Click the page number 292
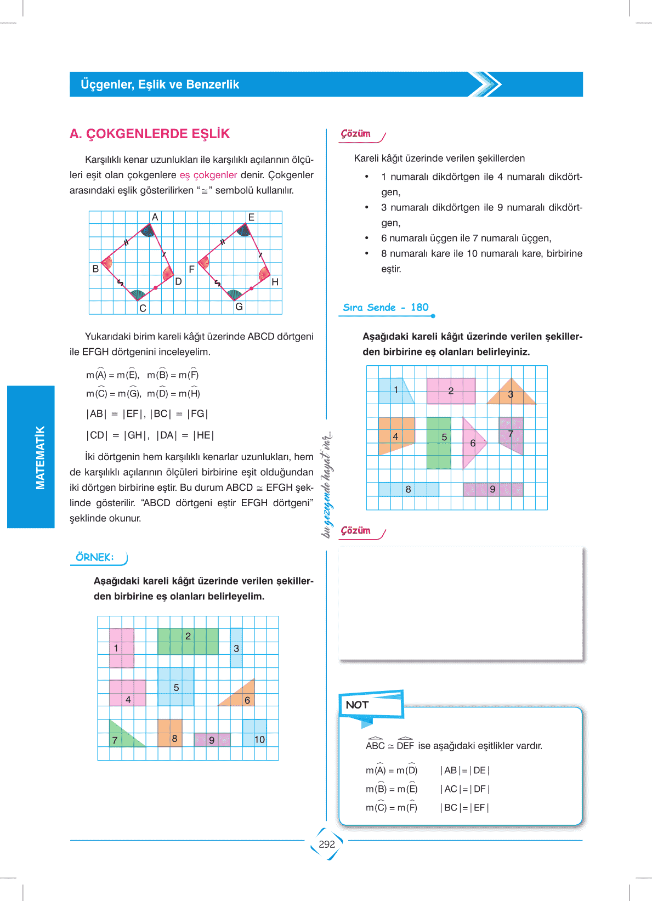[327, 844]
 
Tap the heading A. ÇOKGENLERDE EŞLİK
[150, 134]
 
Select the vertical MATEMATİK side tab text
[40, 457]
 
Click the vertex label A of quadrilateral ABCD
[155, 217]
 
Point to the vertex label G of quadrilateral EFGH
[239, 307]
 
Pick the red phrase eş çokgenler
[208, 175]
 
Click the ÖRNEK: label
[95, 557]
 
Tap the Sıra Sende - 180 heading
[385, 308]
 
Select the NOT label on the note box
[357, 705]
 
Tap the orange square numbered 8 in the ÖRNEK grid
[170, 733]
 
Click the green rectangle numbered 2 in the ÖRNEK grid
[188, 642]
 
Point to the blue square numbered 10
[255, 733]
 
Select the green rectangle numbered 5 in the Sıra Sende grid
[439, 443]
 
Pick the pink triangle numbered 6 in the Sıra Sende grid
[472, 443]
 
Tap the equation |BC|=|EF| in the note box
[464, 808]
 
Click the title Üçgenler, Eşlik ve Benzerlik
[160, 84]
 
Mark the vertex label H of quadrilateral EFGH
[275, 282]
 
